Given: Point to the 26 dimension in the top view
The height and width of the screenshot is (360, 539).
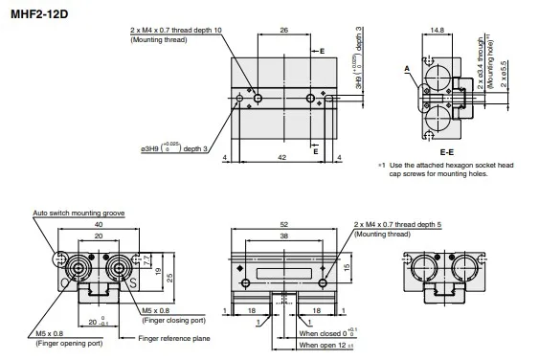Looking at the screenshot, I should coord(285,32).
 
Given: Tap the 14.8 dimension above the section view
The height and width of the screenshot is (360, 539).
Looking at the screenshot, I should coord(438,32).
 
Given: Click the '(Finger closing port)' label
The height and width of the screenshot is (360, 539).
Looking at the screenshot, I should coord(176,321).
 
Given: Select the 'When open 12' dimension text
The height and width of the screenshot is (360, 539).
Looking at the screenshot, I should coord(326,345).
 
